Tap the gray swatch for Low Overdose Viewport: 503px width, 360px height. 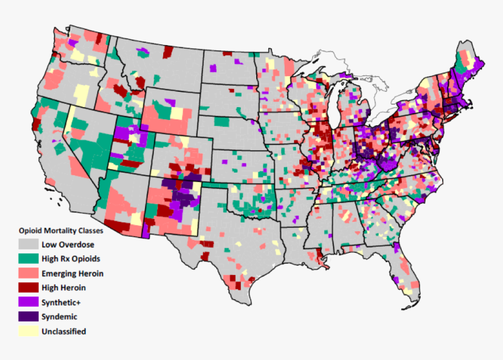tap(27, 244)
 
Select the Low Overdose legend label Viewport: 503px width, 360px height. tap(68, 245)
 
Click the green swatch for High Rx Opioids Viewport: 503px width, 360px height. tap(27, 259)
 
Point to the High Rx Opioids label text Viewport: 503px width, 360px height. tap(71, 259)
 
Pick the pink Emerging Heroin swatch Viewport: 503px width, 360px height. tap(27, 273)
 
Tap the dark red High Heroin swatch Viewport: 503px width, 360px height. tap(27, 288)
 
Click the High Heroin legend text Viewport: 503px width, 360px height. tap(64, 288)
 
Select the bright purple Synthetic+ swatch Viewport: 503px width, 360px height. tap(27, 303)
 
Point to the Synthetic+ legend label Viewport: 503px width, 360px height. tap(61, 303)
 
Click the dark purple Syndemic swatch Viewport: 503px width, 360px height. tap(27, 317)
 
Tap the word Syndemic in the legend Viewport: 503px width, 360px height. tap(59, 317)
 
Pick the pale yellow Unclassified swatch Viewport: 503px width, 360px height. tap(27, 331)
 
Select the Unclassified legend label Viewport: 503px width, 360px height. tap(64, 331)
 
